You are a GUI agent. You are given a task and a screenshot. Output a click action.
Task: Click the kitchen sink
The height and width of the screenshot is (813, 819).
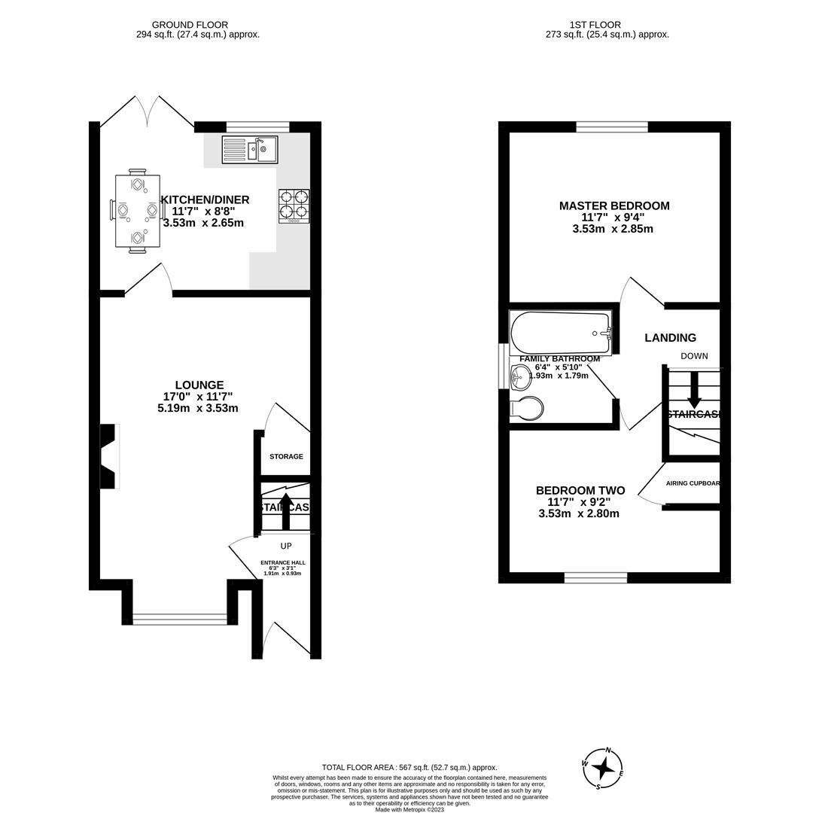250,150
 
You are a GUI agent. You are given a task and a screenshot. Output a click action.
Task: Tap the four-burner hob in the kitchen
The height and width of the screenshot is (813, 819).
294,206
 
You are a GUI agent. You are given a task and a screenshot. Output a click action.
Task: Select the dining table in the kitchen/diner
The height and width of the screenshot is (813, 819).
138,211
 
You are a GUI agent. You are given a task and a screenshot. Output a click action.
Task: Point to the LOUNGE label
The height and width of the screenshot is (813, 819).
199,385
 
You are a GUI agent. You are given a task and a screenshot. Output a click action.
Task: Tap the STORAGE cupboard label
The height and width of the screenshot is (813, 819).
286,456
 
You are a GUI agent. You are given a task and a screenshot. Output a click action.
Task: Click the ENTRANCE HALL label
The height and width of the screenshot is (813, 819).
282,562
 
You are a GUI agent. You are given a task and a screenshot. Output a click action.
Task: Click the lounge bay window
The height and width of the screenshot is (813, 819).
180,619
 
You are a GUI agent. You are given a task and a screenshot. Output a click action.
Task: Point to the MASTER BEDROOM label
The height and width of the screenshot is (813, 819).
613,206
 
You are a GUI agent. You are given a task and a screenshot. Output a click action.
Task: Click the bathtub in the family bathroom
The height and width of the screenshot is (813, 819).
560,332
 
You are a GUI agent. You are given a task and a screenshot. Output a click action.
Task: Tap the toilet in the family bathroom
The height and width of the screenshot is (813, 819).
527,409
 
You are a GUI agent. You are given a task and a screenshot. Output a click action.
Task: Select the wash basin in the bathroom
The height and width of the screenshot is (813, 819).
521,377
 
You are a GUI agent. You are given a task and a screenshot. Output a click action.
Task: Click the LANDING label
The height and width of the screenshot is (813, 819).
670,338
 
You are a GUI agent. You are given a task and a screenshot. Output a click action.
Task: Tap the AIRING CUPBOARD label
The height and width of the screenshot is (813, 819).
693,483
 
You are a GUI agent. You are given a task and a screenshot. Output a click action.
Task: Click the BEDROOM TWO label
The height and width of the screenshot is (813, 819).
580,490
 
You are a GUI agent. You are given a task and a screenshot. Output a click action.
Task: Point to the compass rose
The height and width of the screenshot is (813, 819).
602,769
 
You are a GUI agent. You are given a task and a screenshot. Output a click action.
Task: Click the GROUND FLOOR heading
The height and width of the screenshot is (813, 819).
190,25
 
